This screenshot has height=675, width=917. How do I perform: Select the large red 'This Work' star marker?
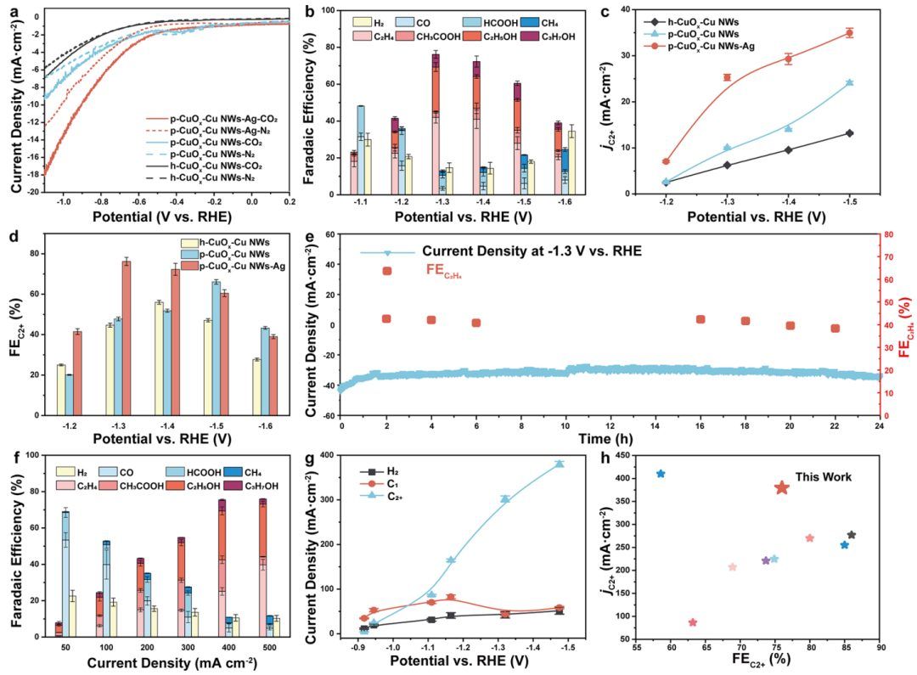[782, 487]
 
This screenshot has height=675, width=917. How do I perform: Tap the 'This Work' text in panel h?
[823, 477]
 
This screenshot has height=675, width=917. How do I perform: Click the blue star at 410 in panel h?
[661, 474]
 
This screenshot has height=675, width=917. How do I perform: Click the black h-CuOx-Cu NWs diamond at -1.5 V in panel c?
[849, 133]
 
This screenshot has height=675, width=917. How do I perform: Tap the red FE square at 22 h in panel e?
[835, 329]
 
